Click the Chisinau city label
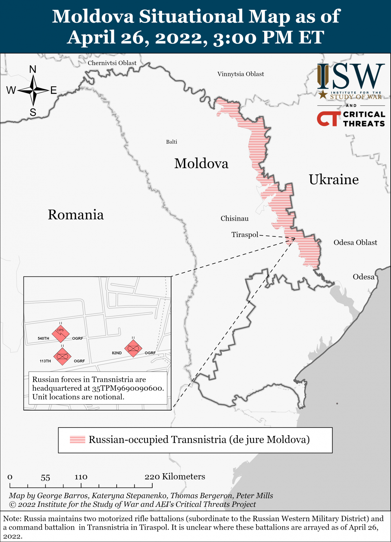click(x=234, y=218)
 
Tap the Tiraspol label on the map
click(x=245, y=234)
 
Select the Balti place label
click(x=172, y=142)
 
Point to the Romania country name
click(x=76, y=215)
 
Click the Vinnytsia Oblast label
click(x=240, y=74)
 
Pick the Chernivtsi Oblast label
click(x=112, y=63)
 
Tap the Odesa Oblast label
click(x=355, y=242)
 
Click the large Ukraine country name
click(x=334, y=180)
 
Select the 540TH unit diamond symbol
click(x=61, y=334)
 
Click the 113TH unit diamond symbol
click(x=62, y=356)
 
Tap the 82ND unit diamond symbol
click(x=133, y=348)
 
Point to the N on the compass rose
click(x=33, y=69)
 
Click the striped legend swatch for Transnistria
click(x=77, y=440)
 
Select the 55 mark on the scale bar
click(x=45, y=478)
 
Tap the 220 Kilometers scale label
click(x=175, y=477)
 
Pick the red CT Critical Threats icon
click(x=328, y=119)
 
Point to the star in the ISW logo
click(x=323, y=95)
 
